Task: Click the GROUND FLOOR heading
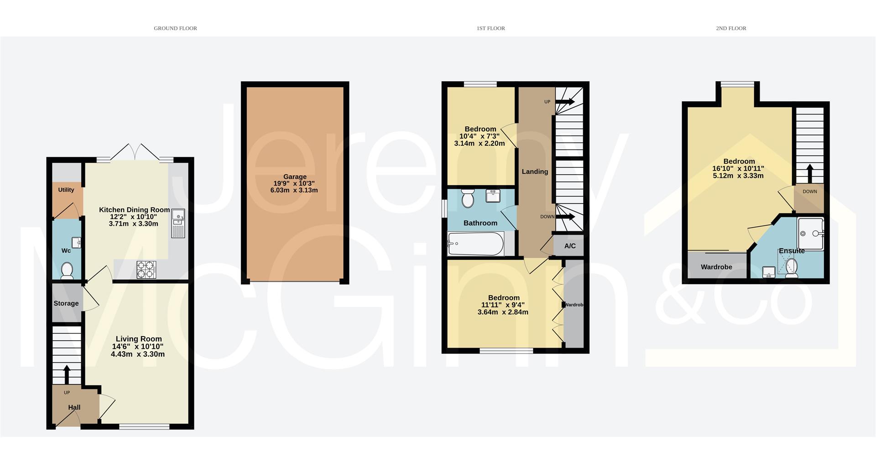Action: pyautogui.click(x=175, y=28)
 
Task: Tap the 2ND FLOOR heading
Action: pyautogui.click(x=731, y=28)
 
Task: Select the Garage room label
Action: pyautogui.click(x=295, y=177)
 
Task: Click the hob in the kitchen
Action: pyautogui.click(x=146, y=269)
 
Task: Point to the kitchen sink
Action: pyautogui.click(x=178, y=224)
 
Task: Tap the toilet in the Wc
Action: pyautogui.click(x=67, y=270)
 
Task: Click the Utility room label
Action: pyautogui.click(x=66, y=190)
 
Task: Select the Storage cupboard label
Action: pyautogui.click(x=66, y=303)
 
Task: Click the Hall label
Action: pyautogui.click(x=74, y=407)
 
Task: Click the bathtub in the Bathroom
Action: pyautogui.click(x=476, y=244)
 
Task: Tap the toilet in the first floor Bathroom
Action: pyautogui.click(x=468, y=198)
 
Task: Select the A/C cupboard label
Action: pyautogui.click(x=570, y=246)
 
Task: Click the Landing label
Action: pyautogui.click(x=535, y=172)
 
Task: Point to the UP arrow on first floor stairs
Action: pyautogui.click(x=565, y=102)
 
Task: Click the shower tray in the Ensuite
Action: pyautogui.click(x=811, y=234)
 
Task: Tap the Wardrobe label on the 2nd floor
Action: pyautogui.click(x=716, y=267)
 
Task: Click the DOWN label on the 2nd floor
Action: pyautogui.click(x=810, y=192)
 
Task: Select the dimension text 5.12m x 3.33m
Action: pyautogui.click(x=738, y=176)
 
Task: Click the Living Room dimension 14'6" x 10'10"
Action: pyautogui.click(x=138, y=346)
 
